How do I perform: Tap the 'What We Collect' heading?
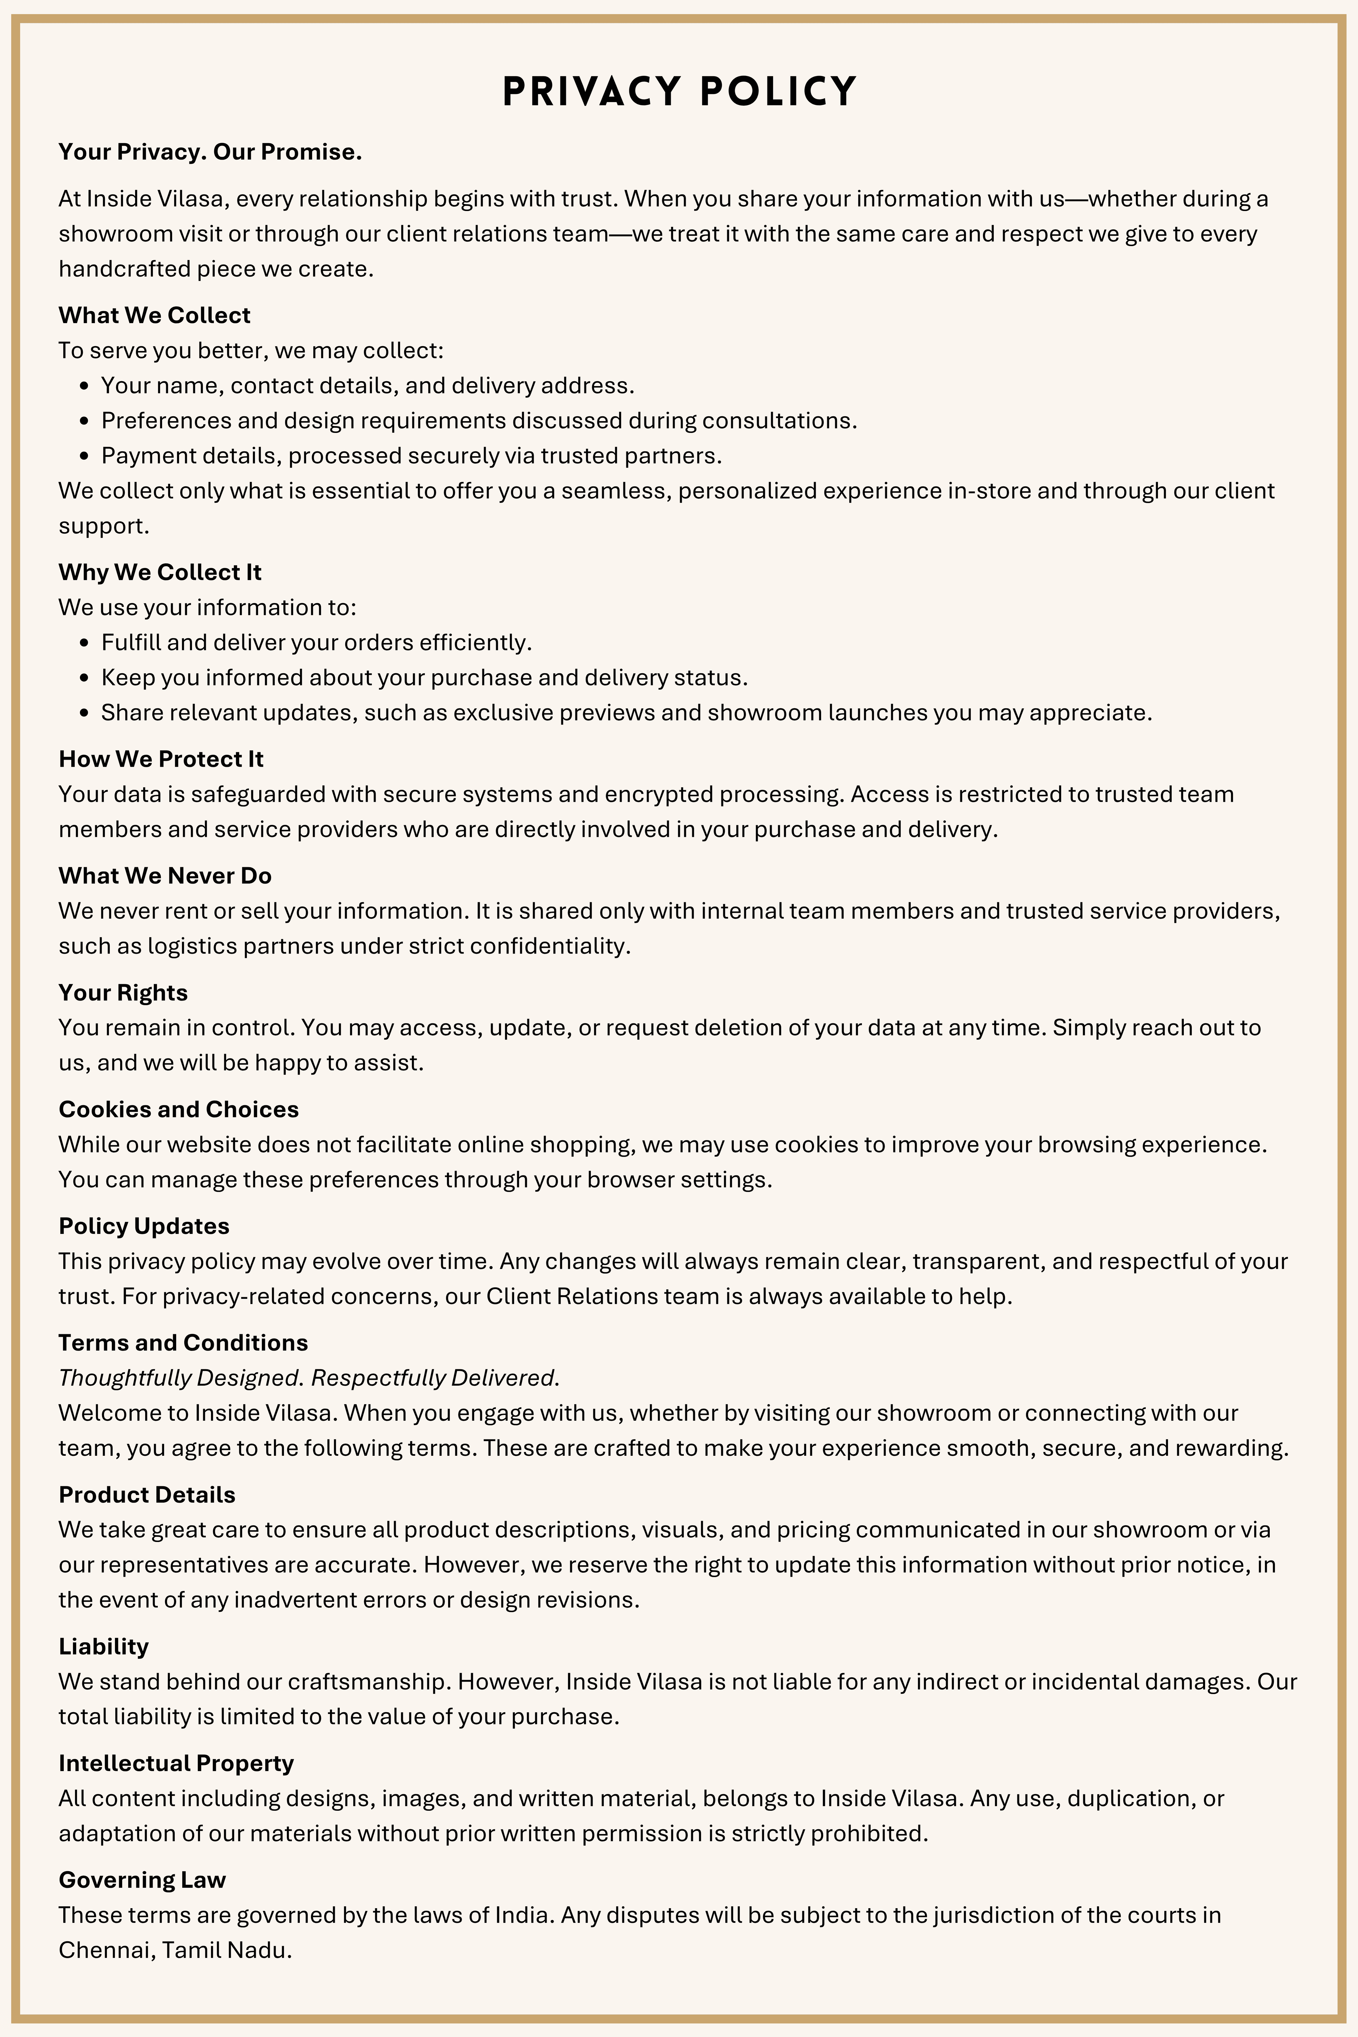point(154,315)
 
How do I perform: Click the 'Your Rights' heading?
point(123,993)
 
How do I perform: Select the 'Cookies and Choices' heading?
point(179,1109)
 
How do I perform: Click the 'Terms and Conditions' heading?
point(183,1342)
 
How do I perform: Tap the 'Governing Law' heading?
point(142,1879)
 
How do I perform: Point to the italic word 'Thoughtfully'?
point(124,1378)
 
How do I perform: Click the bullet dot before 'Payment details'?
point(84,456)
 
